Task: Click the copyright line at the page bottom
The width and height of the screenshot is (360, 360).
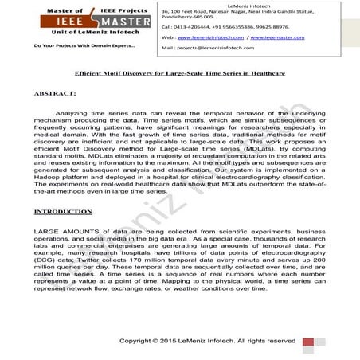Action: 218,341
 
